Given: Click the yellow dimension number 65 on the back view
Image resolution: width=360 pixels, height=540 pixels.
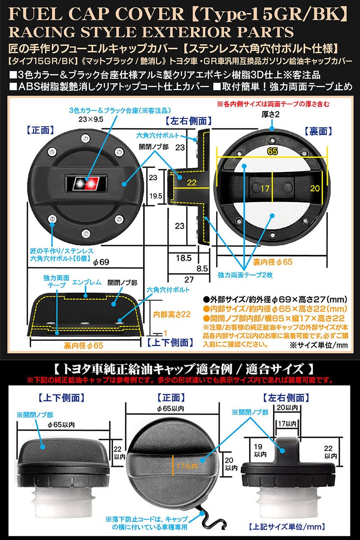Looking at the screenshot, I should [x=272, y=152].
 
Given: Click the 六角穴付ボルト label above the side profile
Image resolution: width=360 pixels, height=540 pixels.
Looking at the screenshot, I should [x=158, y=135].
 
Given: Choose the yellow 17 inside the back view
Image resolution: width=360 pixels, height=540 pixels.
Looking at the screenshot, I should [x=265, y=187].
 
